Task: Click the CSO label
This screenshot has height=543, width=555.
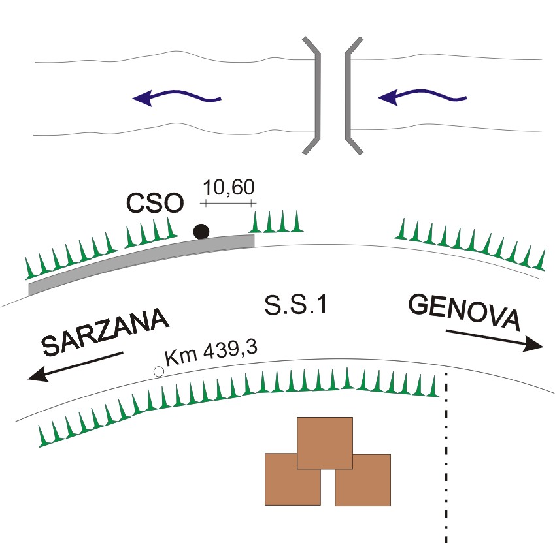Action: click(x=155, y=203)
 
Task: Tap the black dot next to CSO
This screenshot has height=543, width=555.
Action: click(x=201, y=232)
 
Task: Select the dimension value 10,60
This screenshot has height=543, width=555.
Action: click(x=229, y=187)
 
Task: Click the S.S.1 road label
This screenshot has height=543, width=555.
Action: click(x=295, y=305)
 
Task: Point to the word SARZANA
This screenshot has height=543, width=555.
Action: click(x=105, y=332)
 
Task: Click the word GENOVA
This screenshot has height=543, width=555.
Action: click(x=464, y=313)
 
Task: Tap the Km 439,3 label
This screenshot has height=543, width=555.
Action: click(x=211, y=353)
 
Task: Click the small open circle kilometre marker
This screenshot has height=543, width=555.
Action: click(x=159, y=371)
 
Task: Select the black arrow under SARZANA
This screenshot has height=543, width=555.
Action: click(x=75, y=367)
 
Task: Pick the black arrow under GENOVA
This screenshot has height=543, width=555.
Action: click(x=494, y=339)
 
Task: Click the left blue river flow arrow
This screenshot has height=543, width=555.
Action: click(x=177, y=97)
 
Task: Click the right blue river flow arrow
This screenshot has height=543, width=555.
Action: click(x=422, y=97)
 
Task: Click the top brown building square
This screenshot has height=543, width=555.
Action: click(x=325, y=443)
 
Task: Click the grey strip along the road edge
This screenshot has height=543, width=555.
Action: click(x=141, y=260)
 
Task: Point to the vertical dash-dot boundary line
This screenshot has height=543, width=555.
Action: click(x=446, y=458)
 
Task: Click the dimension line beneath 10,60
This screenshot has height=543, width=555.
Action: click(x=228, y=203)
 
